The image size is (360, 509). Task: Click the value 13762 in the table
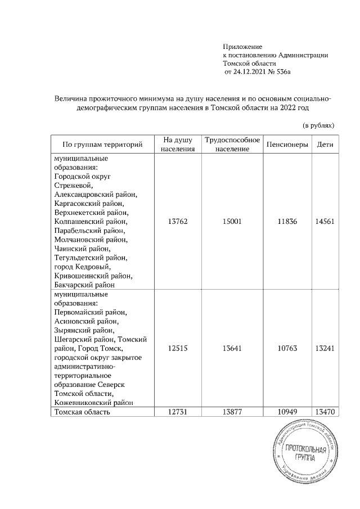177,222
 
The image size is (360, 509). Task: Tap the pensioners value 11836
287,222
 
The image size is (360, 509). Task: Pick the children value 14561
325,222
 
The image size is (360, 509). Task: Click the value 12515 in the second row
177,348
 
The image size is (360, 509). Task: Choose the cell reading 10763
287,348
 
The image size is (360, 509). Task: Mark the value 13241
325,348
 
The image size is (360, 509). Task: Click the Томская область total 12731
177,412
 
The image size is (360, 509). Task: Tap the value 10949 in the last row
287,412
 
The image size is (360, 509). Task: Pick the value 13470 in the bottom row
325,412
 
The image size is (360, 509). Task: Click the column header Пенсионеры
287,145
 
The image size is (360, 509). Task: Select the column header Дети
325,145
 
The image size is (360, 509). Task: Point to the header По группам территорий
102,145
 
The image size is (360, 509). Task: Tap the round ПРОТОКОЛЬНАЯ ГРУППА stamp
307,453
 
